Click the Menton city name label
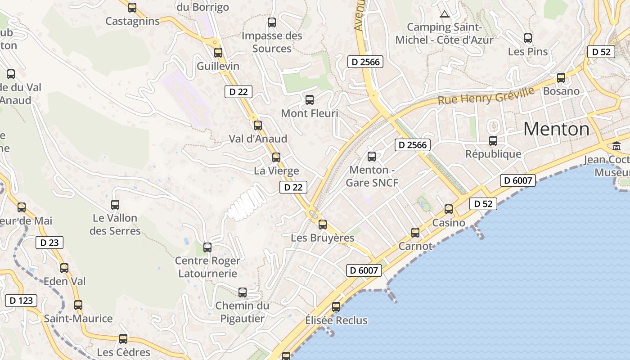(x=556, y=130)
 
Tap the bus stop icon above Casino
(x=449, y=209)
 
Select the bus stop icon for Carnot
(x=415, y=233)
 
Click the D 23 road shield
(x=49, y=243)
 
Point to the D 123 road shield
(x=21, y=301)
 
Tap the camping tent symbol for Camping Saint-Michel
(x=445, y=14)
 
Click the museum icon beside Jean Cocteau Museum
(x=616, y=146)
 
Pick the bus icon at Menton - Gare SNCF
(x=372, y=157)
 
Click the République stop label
(x=493, y=154)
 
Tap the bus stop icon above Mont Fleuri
(x=310, y=100)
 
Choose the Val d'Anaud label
(x=258, y=139)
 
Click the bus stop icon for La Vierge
(x=276, y=157)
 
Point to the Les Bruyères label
(x=323, y=238)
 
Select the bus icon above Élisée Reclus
(x=336, y=307)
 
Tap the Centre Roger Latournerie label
(x=207, y=267)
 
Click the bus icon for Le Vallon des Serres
(x=115, y=204)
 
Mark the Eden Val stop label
(x=64, y=281)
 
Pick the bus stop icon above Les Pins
(x=528, y=38)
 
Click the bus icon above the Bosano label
(x=561, y=78)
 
